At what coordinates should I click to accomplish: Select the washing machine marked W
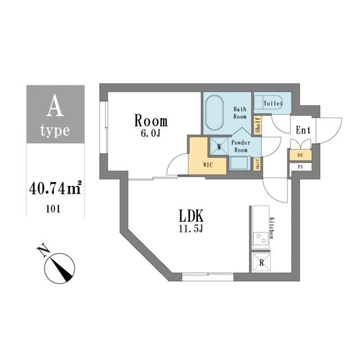(x=219, y=146)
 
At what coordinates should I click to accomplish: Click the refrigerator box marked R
(x=261, y=261)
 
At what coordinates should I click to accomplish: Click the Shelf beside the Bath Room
(x=258, y=125)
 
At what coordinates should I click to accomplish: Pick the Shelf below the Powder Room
(x=258, y=164)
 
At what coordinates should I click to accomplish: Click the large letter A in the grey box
(x=55, y=105)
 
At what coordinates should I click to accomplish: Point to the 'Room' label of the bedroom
(x=150, y=120)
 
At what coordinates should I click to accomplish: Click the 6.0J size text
(x=151, y=134)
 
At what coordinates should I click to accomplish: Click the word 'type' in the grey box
(x=55, y=132)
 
